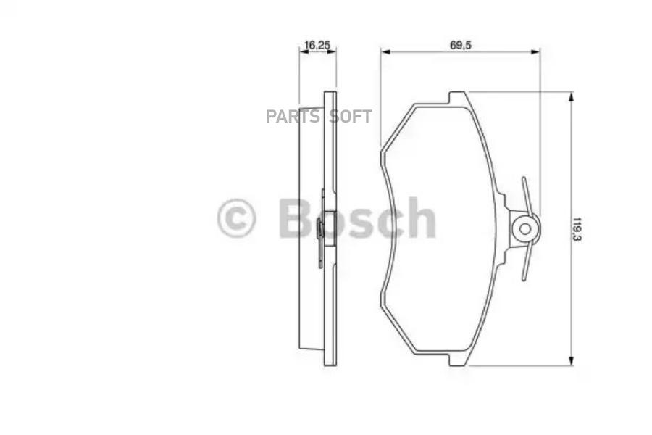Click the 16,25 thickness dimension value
[x=317, y=45]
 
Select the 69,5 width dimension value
[x=461, y=45]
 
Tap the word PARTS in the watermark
[x=293, y=117]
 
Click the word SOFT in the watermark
[x=351, y=117]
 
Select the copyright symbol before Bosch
[x=236, y=218]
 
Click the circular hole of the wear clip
[x=524, y=229]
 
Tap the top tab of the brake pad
[x=458, y=97]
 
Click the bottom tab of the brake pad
[x=458, y=360]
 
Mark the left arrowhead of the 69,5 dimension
[x=385, y=51]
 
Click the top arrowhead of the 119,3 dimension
[x=571, y=96]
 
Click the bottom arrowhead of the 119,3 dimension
[x=571, y=361]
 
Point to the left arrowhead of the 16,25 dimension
[x=303, y=51]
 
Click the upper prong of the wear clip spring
[x=527, y=194]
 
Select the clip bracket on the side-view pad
[x=322, y=228]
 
